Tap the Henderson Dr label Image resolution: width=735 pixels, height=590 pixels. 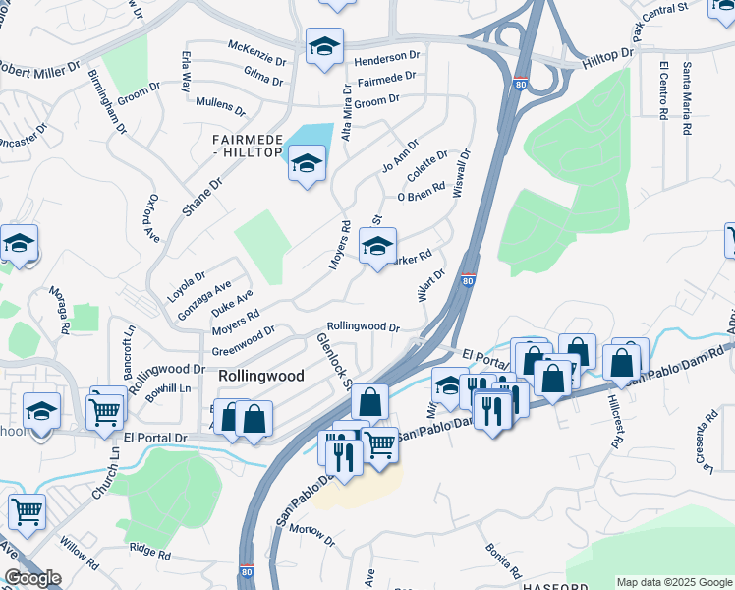[387, 58]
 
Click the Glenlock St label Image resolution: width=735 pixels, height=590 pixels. [334, 360]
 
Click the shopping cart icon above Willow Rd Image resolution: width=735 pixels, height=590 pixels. [27, 509]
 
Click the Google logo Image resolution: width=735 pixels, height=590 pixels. [33, 578]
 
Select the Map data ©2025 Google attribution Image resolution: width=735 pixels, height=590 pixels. [673, 582]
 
